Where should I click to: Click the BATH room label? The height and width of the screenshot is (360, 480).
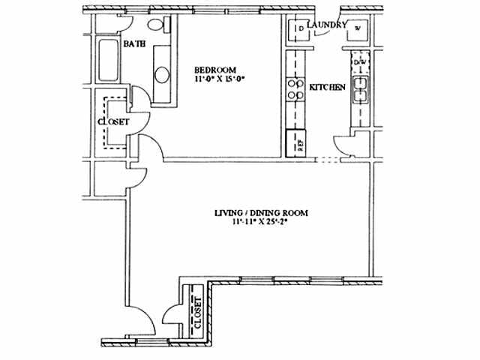(x=134, y=44)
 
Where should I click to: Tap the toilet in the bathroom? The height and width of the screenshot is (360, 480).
(x=157, y=26)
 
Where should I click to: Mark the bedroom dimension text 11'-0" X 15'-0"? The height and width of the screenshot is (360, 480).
(x=221, y=77)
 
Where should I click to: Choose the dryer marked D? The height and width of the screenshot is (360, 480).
(x=299, y=29)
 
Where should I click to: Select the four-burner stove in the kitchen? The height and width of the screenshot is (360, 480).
(x=293, y=89)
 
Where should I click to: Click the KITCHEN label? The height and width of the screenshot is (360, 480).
(x=328, y=88)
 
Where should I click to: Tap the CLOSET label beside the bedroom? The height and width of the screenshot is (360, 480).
(x=113, y=121)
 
